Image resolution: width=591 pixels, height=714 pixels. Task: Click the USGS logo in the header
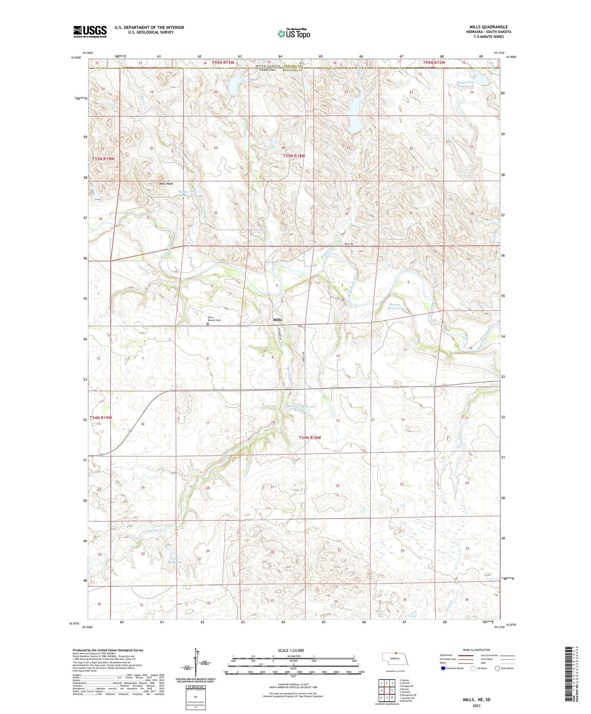click(x=90, y=31)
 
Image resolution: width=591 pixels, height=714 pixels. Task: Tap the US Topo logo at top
click(x=294, y=34)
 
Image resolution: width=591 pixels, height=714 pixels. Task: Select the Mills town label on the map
click(x=278, y=320)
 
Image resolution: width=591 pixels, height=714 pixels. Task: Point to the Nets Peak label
click(x=166, y=184)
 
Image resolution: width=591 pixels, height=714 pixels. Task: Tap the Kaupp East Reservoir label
click(x=465, y=85)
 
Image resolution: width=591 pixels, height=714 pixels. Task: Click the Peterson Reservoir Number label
click(x=301, y=409)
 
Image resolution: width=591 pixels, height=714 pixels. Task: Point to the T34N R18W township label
click(x=310, y=438)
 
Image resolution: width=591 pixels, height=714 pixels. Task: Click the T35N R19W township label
click(x=103, y=159)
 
